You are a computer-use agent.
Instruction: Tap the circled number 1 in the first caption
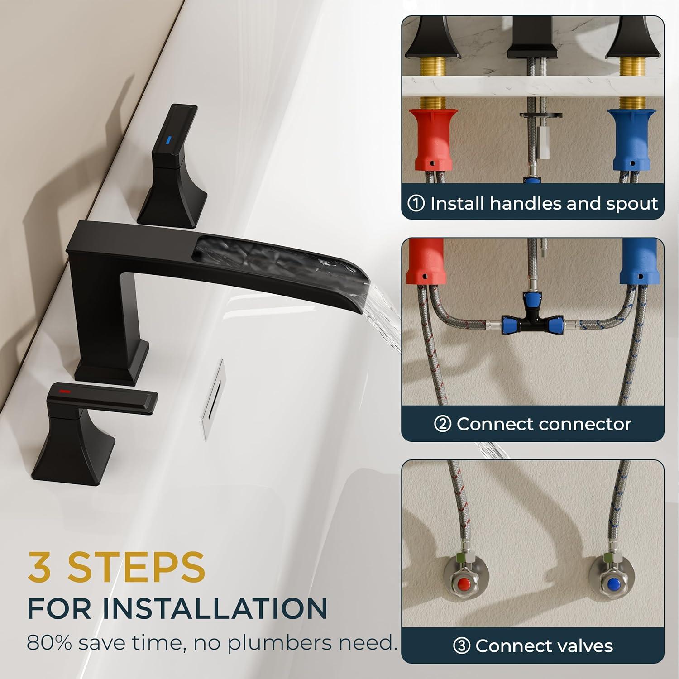point(416,204)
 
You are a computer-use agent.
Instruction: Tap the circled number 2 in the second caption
point(442,424)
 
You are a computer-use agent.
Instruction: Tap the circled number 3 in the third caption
point(461,646)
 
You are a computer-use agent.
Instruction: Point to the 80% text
point(49,643)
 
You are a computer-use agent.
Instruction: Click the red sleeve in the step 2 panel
point(425,261)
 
